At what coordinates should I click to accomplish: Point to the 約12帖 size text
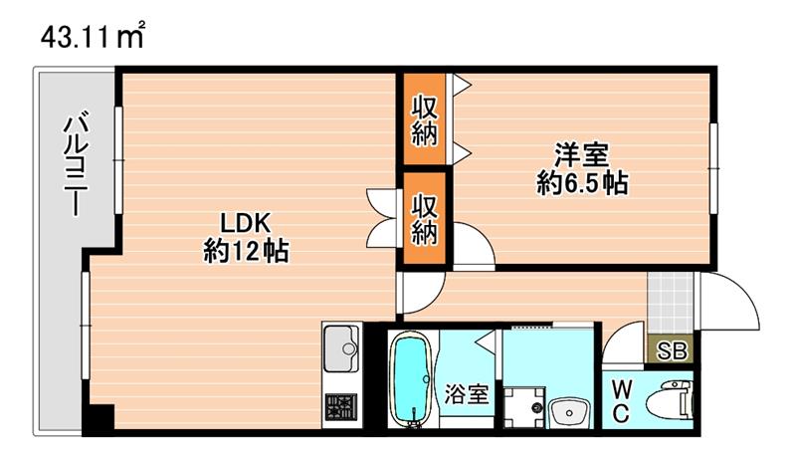[246, 251]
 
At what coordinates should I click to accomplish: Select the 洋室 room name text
[582, 155]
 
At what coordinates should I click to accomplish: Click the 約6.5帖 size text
[582, 183]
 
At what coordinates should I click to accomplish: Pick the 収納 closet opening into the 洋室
[425, 120]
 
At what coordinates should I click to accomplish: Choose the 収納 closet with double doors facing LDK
[425, 219]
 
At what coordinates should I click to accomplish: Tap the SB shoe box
[672, 350]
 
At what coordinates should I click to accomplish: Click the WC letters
[619, 401]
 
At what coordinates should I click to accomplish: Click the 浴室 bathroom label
[466, 394]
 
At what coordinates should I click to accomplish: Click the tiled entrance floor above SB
[669, 303]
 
